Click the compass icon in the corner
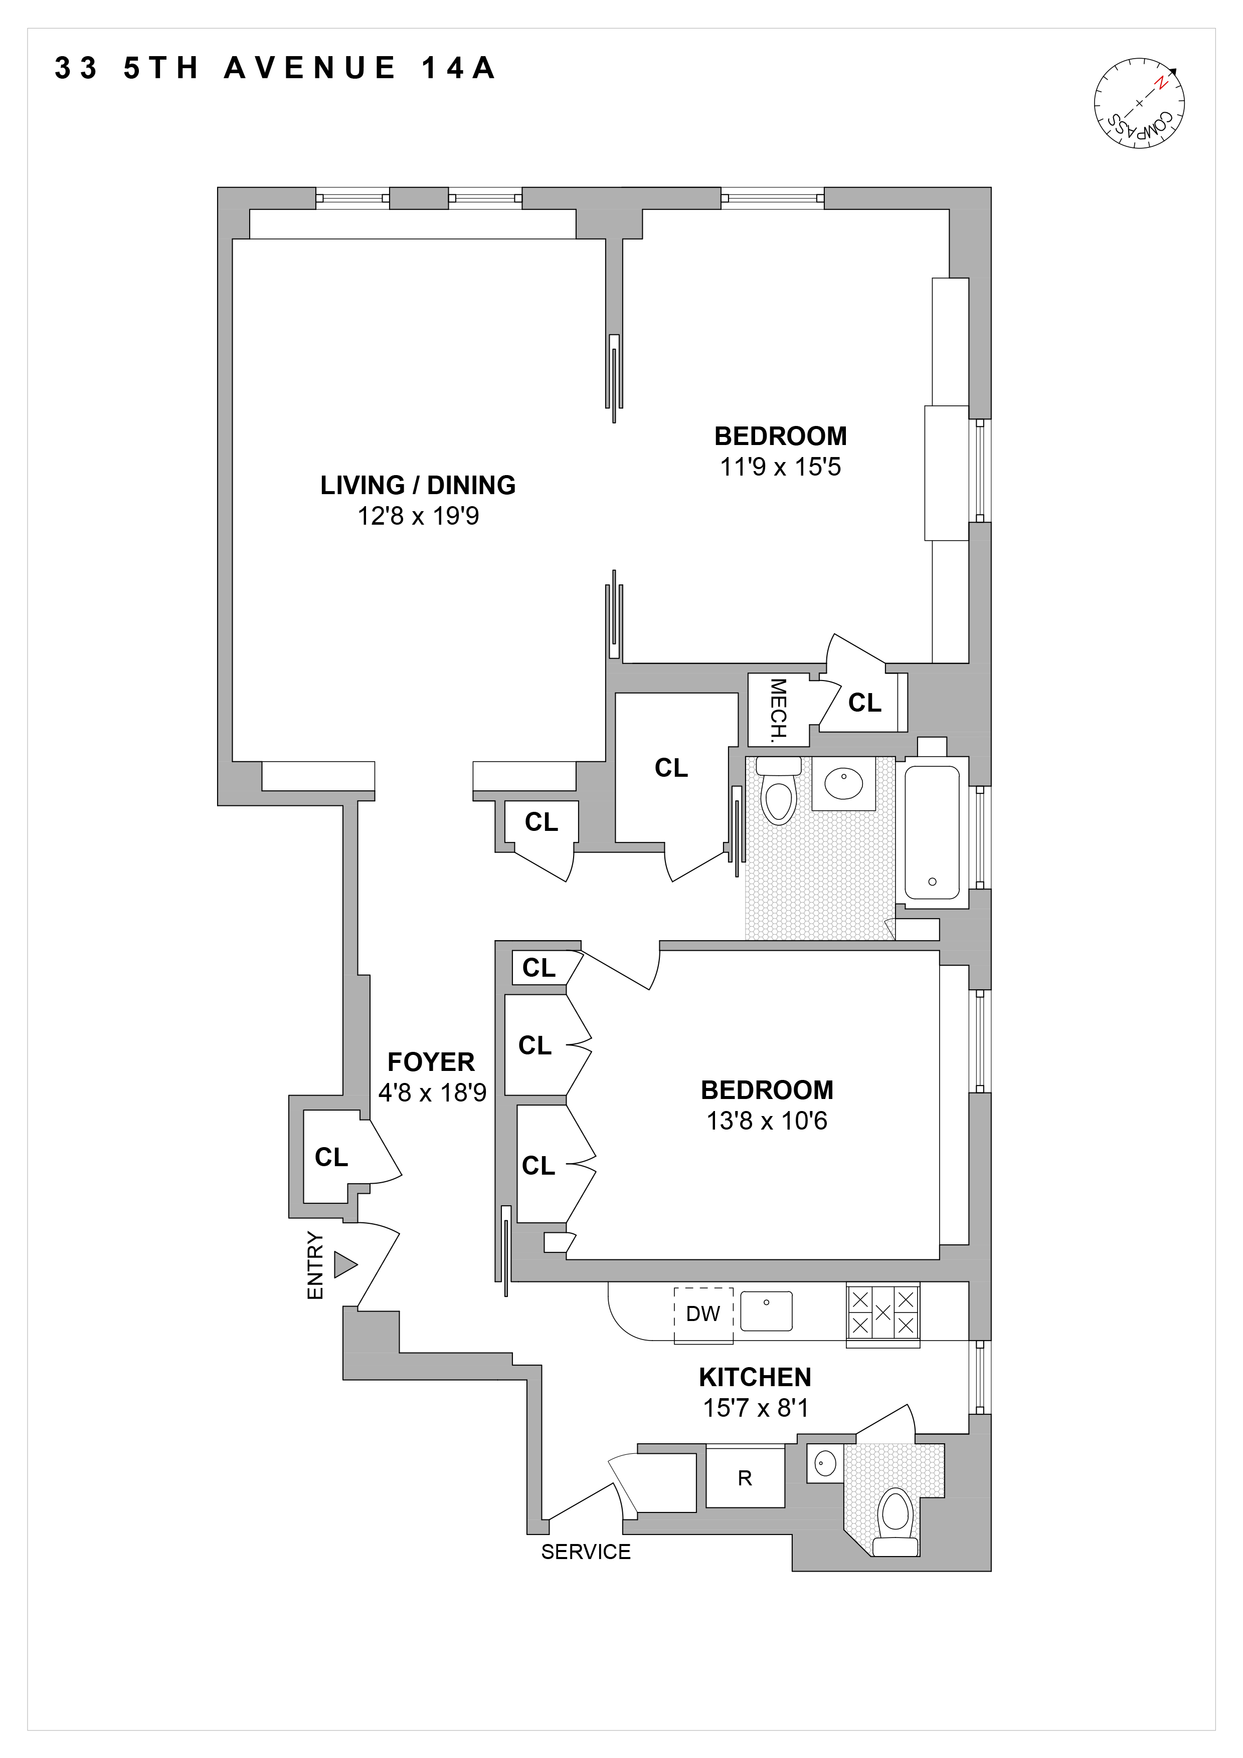(1139, 103)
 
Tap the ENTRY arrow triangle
(344, 1264)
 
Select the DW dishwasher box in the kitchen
(703, 1314)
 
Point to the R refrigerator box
(745, 1478)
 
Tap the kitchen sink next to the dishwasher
(766, 1311)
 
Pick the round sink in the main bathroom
(843, 784)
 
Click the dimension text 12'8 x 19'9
(418, 516)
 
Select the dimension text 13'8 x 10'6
(767, 1121)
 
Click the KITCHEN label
(755, 1378)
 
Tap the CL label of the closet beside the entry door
(331, 1157)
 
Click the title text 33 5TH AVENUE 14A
(276, 68)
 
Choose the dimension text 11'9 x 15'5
(780, 467)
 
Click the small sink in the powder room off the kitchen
(825, 1465)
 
